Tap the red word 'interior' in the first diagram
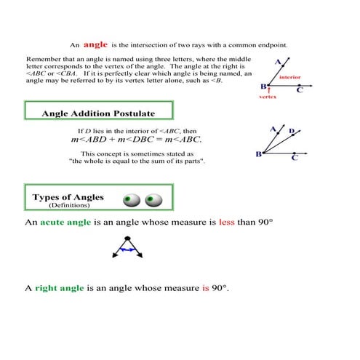point(290,77)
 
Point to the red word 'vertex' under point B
point(268,96)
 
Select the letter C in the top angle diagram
point(300,90)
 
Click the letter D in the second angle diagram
point(292,132)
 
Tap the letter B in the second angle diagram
point(259,154)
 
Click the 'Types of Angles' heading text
point(68,197)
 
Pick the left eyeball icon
point(131,199)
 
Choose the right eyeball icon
point(153,199)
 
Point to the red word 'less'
point(226,221)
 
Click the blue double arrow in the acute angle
point(127,249)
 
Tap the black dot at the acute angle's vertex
point(127,239)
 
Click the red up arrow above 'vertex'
point(268,89)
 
